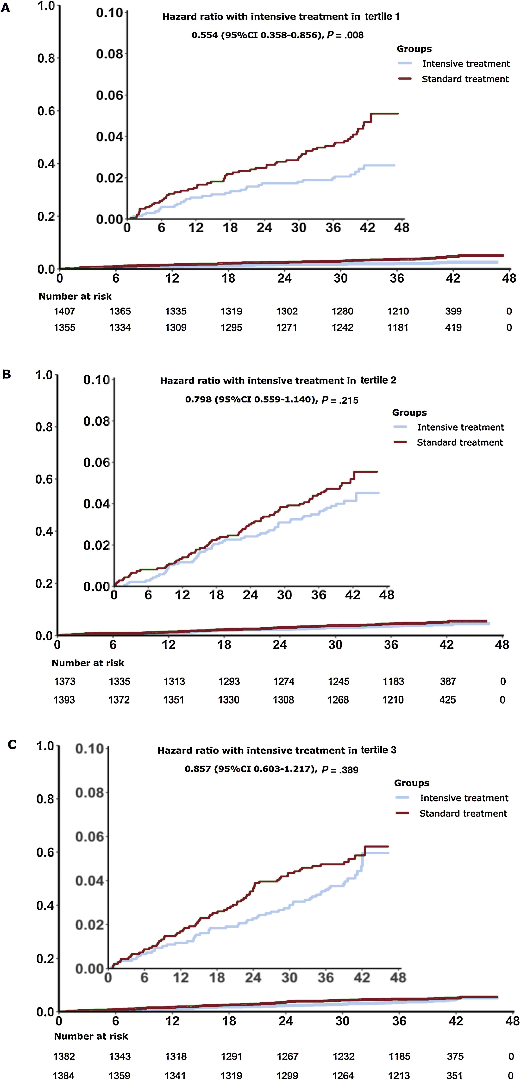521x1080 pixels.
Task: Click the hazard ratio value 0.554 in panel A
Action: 205,35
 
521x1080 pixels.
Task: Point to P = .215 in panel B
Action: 340,400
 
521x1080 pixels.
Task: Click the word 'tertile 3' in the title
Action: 378,750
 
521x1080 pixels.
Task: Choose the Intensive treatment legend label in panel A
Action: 466,64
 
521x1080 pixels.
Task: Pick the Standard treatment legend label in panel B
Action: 460,442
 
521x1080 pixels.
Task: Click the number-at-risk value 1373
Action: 65,682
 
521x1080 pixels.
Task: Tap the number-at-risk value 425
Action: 448,700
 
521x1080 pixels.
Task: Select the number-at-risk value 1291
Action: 232,1056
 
